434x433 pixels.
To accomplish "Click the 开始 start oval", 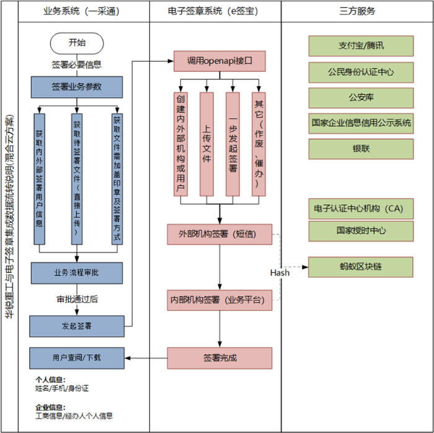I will click(77, 43).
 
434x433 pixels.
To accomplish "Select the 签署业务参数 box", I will click(77, 87).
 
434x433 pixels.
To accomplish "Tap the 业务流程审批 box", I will click(77, 272).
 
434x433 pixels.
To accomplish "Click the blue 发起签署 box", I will click(77, 326).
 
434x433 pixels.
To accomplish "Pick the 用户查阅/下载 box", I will click(77, 357).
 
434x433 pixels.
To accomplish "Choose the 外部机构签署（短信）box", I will click(219, 234).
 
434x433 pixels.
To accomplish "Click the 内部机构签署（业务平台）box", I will click(219, 300).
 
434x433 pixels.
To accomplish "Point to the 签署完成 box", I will click(219, 358).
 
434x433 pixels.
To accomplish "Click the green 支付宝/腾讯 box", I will click(361, 45).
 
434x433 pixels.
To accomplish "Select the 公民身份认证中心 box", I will click(361, 71).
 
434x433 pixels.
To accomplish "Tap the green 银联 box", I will click(361, 149).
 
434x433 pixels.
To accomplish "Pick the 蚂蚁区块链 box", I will click(361, 266).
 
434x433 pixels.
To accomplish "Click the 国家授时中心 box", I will click(361, 230).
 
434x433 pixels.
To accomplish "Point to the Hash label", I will click(280, 272).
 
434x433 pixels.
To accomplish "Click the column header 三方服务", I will click(358, 11).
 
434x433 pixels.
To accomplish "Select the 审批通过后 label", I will click(77, 299).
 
